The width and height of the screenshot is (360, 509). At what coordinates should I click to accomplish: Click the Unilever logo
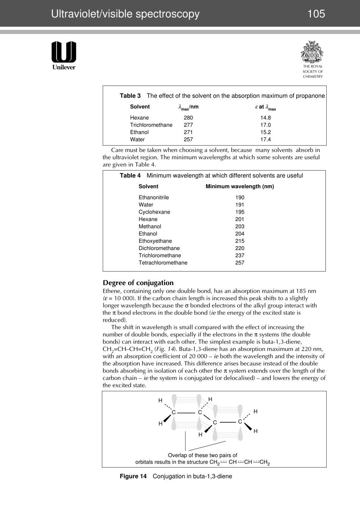click(x=64, y=55)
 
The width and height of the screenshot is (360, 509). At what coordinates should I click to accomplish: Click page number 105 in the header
click(x=316, y=14)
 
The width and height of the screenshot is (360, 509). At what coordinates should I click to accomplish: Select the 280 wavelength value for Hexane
click(x=188, y=118)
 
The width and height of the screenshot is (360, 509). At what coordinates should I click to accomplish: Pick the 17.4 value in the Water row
click(x=265, y=139)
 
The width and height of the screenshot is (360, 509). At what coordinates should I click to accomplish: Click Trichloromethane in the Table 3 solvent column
click(x=151, y=125)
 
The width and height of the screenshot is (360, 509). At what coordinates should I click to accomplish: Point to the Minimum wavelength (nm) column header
click(x=239, y=186)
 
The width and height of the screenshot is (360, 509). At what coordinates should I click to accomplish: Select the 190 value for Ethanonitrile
click(x=239, y=197)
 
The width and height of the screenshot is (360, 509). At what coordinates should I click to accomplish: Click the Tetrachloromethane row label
click(x=163, y=263)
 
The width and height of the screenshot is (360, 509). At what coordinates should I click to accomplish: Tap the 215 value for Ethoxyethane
click(x=239, y=241)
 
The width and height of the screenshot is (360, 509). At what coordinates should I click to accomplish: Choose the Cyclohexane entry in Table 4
click(x=154, y=212)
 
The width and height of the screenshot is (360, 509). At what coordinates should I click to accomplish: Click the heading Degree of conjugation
click(x=138, y=283)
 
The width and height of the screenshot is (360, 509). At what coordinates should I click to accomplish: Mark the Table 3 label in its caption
click(x=130, y=96)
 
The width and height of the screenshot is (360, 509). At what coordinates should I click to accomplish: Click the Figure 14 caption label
click(x=133, y=476)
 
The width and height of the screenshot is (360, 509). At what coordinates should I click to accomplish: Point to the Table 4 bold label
click(x=130, y=175)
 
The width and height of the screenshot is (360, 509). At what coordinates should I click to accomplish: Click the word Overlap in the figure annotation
click(x=178, y=455)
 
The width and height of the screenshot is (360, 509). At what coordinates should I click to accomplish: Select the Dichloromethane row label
click(x=159, y=248)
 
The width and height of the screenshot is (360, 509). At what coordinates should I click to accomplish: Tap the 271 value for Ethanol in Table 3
click(x=188, y=132)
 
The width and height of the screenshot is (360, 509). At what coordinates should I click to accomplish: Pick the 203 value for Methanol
click(x=239, y=226)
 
